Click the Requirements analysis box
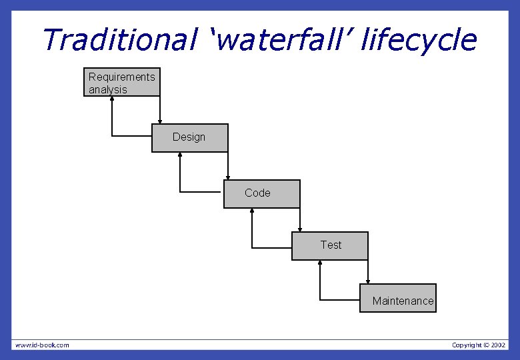coord(122,82)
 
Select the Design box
coord(189,137)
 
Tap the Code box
coord(261,193)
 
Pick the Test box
coord(329,245)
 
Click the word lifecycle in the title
coord(419,40)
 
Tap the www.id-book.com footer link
coord(42,345)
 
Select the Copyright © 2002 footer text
coord(479,345)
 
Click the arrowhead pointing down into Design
coord(160,121)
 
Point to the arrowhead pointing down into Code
coord(228,177)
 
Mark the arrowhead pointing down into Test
coord(300,229)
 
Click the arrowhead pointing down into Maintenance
coord(368,281)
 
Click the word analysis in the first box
coord(107,89)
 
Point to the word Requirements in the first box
coord(121,77)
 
